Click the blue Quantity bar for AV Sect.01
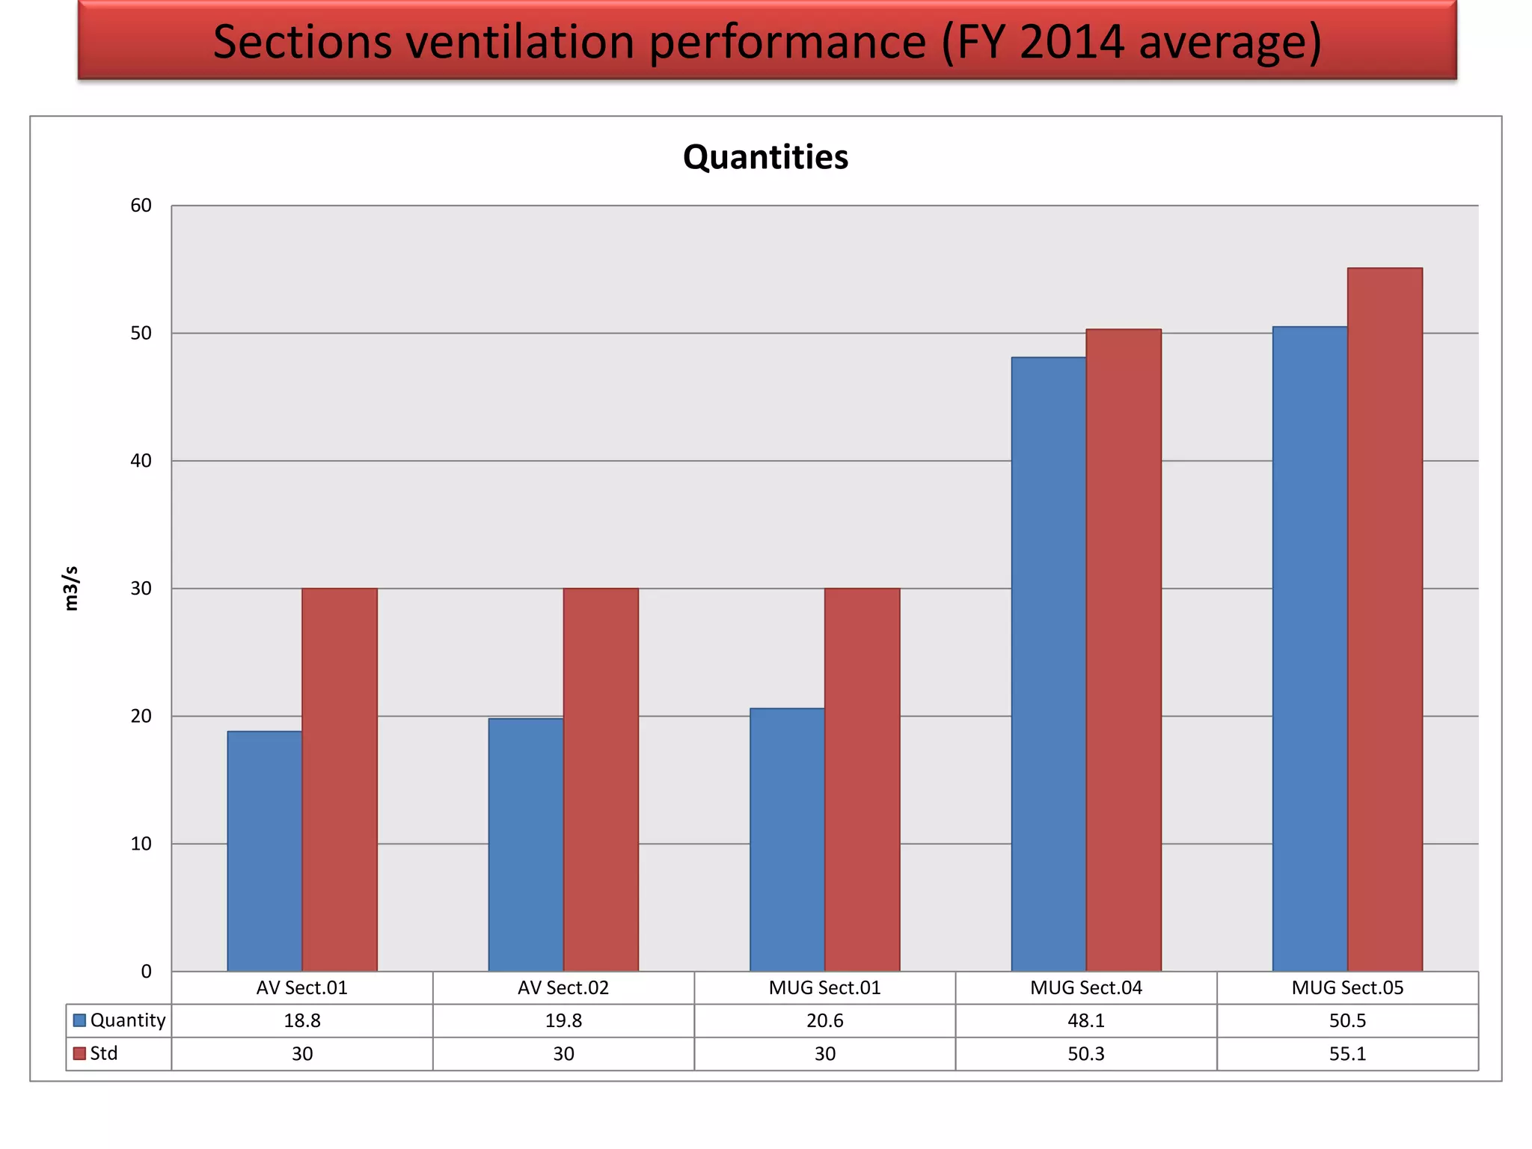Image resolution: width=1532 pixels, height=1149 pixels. pos(265,851)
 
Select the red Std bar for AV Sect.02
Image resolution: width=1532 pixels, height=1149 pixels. pos(601,779)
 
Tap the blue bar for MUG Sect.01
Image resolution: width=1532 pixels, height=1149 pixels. pos(787,839)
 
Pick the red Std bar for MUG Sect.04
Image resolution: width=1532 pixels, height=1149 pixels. pos(1124,650)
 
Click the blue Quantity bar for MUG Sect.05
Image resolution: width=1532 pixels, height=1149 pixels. pos(1310,649)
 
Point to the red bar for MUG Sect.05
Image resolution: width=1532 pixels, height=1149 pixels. pos(1385,619)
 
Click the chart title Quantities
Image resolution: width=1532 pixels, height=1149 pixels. pos(765,157)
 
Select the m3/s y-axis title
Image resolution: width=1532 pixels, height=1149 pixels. pos(71,588)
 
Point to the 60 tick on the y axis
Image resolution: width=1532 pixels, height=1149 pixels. pos(141,206)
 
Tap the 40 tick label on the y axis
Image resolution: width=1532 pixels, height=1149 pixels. pos(141,461)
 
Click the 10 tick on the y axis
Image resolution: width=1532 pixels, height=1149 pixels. pos(141,844)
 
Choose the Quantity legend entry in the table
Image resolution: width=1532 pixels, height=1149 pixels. pos(120,1020)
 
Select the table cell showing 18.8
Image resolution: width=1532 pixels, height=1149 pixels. pos(302,1020)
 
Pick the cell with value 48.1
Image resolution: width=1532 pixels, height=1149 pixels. pos(1086,1020)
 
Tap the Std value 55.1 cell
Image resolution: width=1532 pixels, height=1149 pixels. pos(1347,1053)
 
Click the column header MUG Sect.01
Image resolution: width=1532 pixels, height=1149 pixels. pos(824,987)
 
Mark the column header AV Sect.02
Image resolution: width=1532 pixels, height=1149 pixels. pos(563,987)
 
